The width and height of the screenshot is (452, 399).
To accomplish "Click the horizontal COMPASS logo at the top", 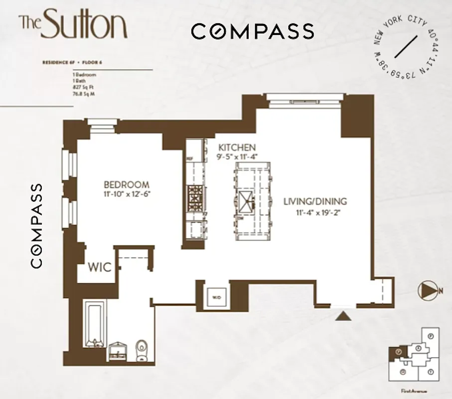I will tap(253, 31).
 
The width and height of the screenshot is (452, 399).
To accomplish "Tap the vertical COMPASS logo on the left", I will tap(36, 225).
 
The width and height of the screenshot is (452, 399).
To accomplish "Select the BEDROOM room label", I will tap(127, 185).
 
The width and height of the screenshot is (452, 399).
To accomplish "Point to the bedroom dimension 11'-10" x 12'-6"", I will tap(127, 194).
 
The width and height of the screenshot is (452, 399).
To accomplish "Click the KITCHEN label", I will tap(237, 148).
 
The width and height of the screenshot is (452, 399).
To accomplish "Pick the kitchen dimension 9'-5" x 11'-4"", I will tap(237, 157).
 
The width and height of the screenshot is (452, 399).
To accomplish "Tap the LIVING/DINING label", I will tap(315, 201).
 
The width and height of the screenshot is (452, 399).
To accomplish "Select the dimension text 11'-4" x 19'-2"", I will tap(315, 211).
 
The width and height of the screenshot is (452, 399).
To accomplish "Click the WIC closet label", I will tap(100, 267).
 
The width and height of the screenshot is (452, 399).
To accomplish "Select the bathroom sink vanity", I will tap(118, 351).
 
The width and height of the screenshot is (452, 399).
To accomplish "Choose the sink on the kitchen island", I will tap(246, 201).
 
